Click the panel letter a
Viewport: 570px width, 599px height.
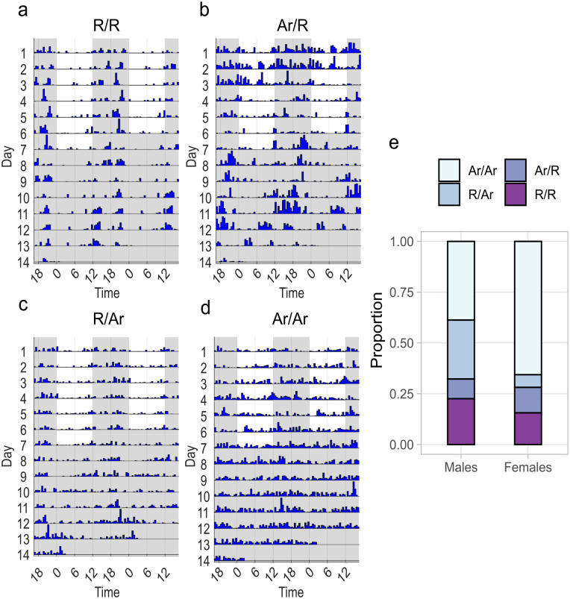8,10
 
